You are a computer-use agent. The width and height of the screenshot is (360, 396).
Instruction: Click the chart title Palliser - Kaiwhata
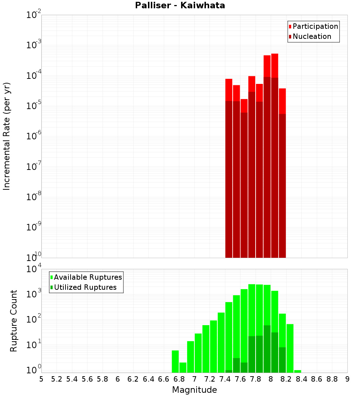point(180,6)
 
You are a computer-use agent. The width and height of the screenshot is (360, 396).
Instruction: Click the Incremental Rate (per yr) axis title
point(7,136)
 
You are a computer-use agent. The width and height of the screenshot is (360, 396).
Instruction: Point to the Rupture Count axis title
point(14,320)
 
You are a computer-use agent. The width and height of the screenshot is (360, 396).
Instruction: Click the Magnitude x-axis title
point(194,390)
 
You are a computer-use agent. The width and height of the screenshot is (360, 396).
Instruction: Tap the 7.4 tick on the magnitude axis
point(225,379)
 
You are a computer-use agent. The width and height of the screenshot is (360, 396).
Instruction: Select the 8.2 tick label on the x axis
point(286,379)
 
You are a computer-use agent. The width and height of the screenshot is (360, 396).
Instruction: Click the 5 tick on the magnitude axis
point(41,379)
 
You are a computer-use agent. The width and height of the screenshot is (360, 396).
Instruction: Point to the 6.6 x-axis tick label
point(164,379)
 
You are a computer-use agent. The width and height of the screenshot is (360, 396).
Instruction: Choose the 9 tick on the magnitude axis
point(347,379)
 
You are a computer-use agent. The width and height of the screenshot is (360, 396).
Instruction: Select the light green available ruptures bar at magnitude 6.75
point(175,361)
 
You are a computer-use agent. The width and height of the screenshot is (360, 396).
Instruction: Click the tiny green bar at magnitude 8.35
point(298,371)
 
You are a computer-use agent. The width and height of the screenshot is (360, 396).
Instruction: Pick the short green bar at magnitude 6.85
point(183,368)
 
